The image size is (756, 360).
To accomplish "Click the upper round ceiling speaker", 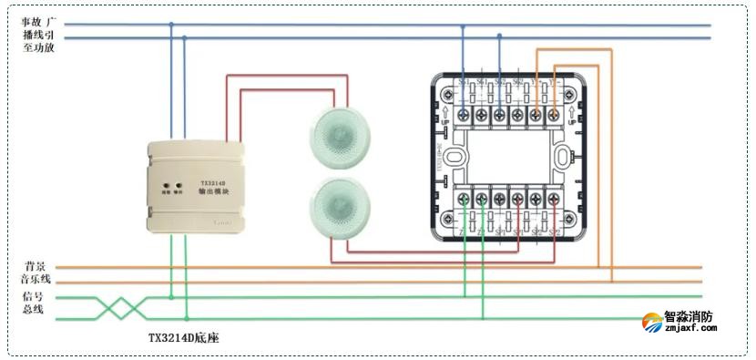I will [338, 138].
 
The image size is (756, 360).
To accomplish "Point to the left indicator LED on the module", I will [167, 183].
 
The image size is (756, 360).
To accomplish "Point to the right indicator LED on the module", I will [179, 183].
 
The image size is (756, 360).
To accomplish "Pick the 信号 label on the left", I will [33, 297].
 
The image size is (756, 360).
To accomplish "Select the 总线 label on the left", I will [33, 311].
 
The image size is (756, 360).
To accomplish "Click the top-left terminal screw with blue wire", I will [464, 115].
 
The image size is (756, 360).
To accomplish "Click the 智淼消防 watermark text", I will [689, 319].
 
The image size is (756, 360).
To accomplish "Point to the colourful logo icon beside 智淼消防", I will [652, 324].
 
